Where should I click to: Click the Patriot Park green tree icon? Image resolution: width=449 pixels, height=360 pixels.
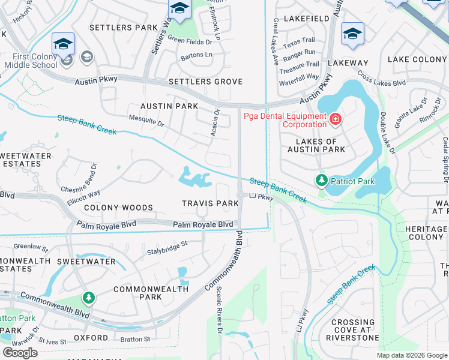322,180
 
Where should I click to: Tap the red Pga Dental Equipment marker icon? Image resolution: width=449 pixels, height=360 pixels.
336,122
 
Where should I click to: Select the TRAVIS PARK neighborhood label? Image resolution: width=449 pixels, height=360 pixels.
211,204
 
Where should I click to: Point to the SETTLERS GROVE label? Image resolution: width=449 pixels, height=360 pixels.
205,82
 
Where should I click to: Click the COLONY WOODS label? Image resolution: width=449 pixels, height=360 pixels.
118,208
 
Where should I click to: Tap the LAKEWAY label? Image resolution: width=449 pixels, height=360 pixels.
349,63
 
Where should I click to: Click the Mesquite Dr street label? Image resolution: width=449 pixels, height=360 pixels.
146,122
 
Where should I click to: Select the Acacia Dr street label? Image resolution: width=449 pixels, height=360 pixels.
215,122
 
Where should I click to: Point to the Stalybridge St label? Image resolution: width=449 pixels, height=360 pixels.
167,248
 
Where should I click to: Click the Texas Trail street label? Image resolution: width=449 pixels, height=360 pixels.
299,42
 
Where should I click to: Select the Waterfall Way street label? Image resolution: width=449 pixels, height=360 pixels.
299,77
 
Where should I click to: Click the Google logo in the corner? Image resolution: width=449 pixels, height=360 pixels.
20,352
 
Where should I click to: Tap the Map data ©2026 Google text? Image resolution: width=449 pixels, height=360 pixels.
411,355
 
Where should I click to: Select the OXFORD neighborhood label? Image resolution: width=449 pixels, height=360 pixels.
91,338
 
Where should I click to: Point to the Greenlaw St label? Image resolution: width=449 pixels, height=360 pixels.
30,246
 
